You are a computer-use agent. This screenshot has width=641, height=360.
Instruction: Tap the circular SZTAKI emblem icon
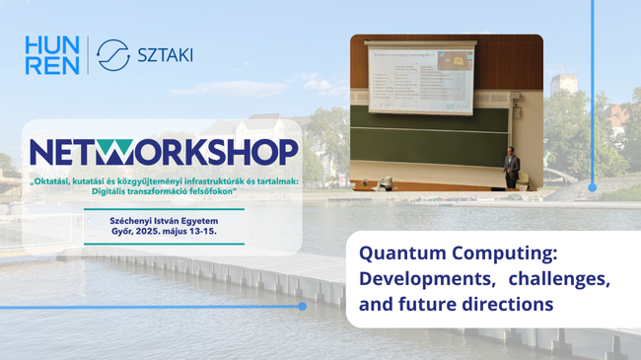pos(114,55)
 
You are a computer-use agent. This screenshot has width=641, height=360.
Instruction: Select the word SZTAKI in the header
pos(164,55)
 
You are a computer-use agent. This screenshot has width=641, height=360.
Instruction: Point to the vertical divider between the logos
pos(88,55)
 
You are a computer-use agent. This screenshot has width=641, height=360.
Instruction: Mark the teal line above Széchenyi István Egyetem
pos(163,209)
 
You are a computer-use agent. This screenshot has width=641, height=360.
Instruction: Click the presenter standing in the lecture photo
pos(511,168)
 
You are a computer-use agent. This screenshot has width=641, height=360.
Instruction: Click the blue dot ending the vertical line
pos(593,185)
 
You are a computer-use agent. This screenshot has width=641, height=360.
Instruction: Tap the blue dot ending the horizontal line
pos(303,306)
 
